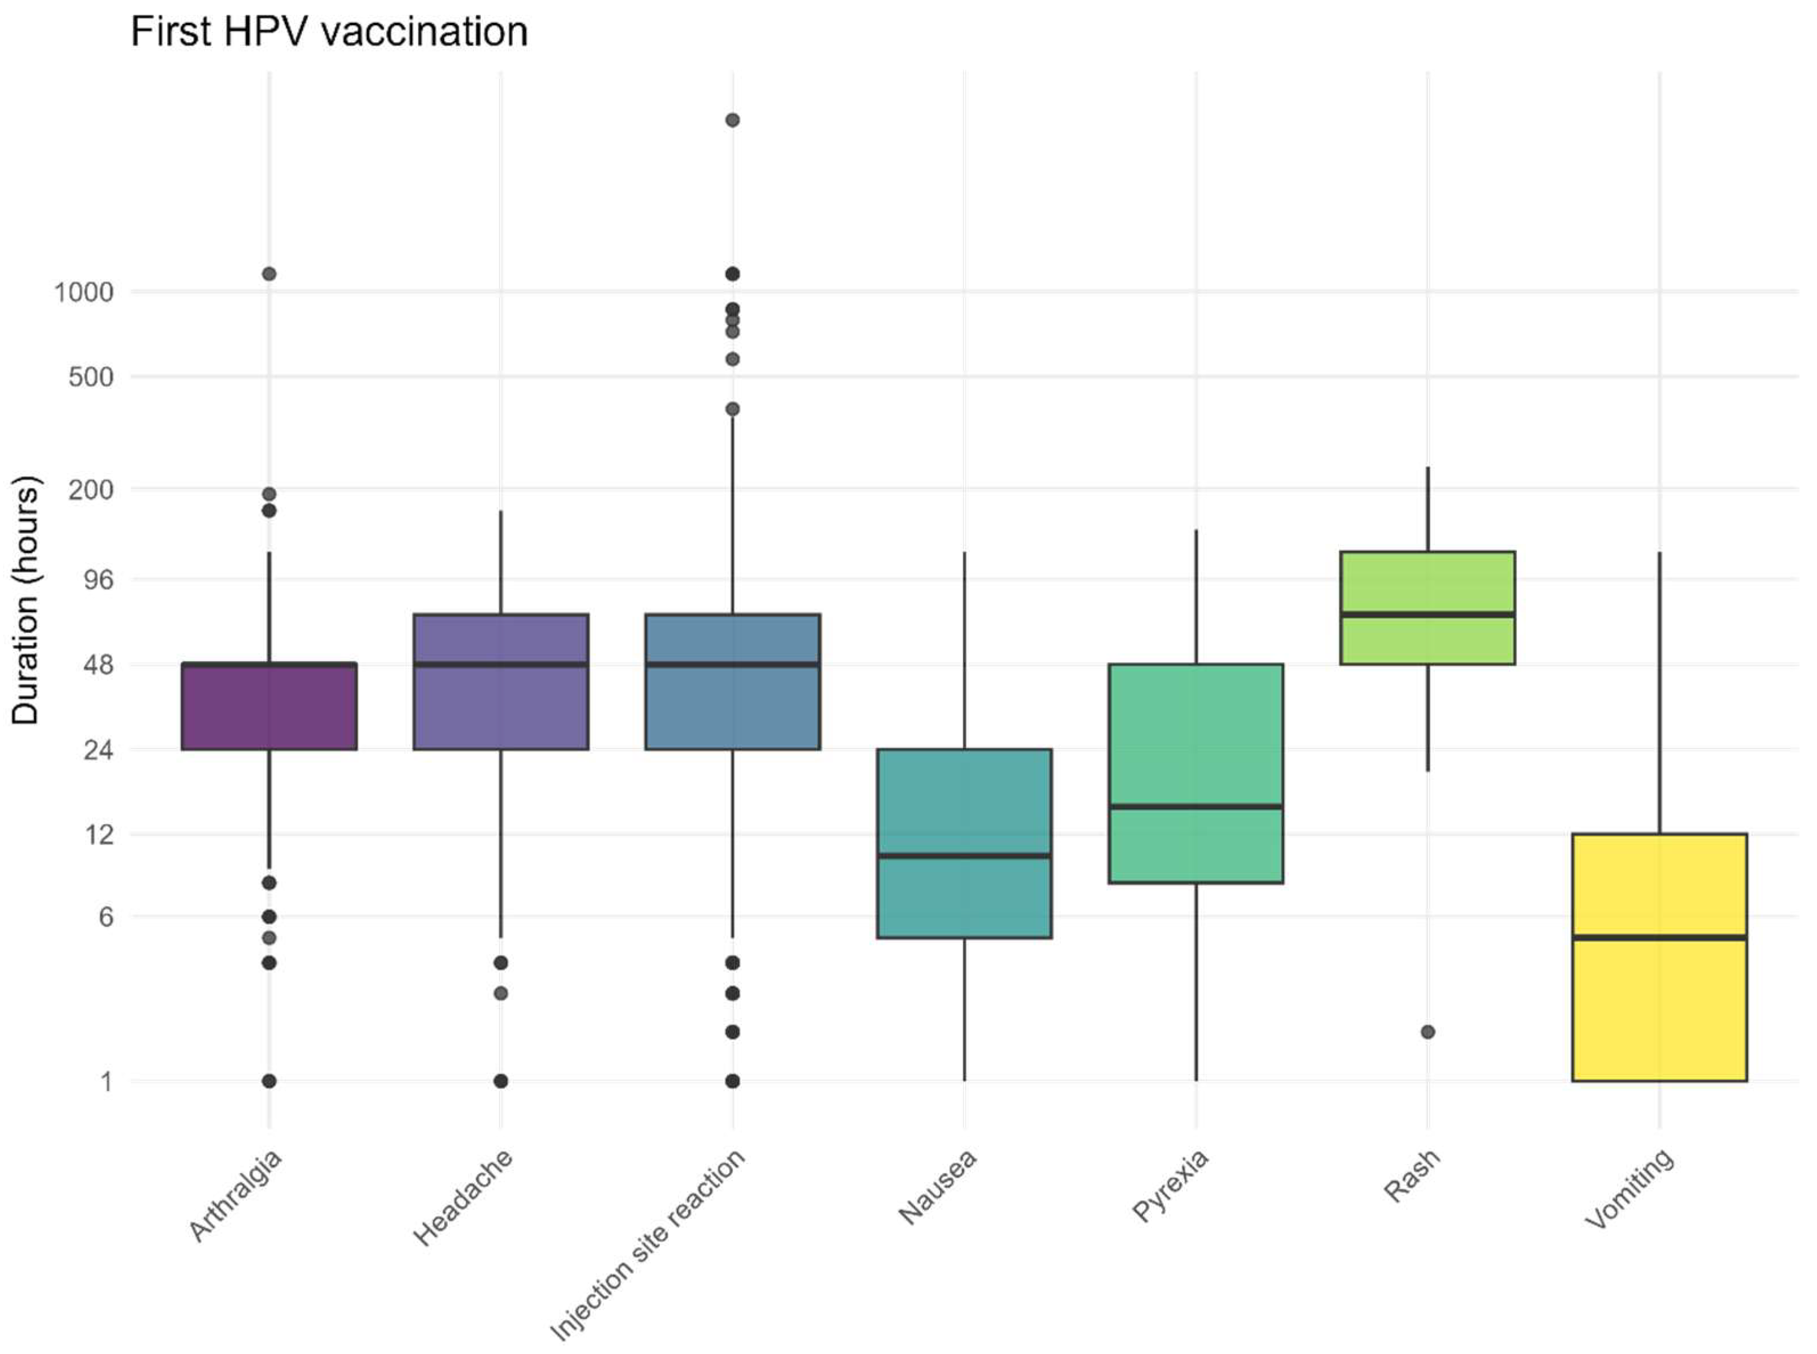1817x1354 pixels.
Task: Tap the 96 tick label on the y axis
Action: pyautogui.click(x=97, y=580)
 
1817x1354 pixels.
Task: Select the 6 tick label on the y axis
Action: pyautogui.click(x=106, y=916)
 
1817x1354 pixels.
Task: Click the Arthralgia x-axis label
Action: pyautogui.click(x=235, y=1196)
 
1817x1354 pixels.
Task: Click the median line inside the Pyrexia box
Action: pyautogui.click(x=1196, y=806)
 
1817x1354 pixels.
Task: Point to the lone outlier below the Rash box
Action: pyautogui.click(x=1428, y=1032)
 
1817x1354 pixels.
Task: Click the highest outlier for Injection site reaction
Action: pyautogui.click(x=733, y=120)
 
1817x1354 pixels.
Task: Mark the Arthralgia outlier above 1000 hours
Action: pyautogui.click(x=269, y=274)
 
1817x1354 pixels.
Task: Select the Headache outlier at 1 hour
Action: pyautogui.click(x=501, y=1081)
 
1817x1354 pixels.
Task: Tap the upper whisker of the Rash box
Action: pyautogui.click(x=1428, y=508)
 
